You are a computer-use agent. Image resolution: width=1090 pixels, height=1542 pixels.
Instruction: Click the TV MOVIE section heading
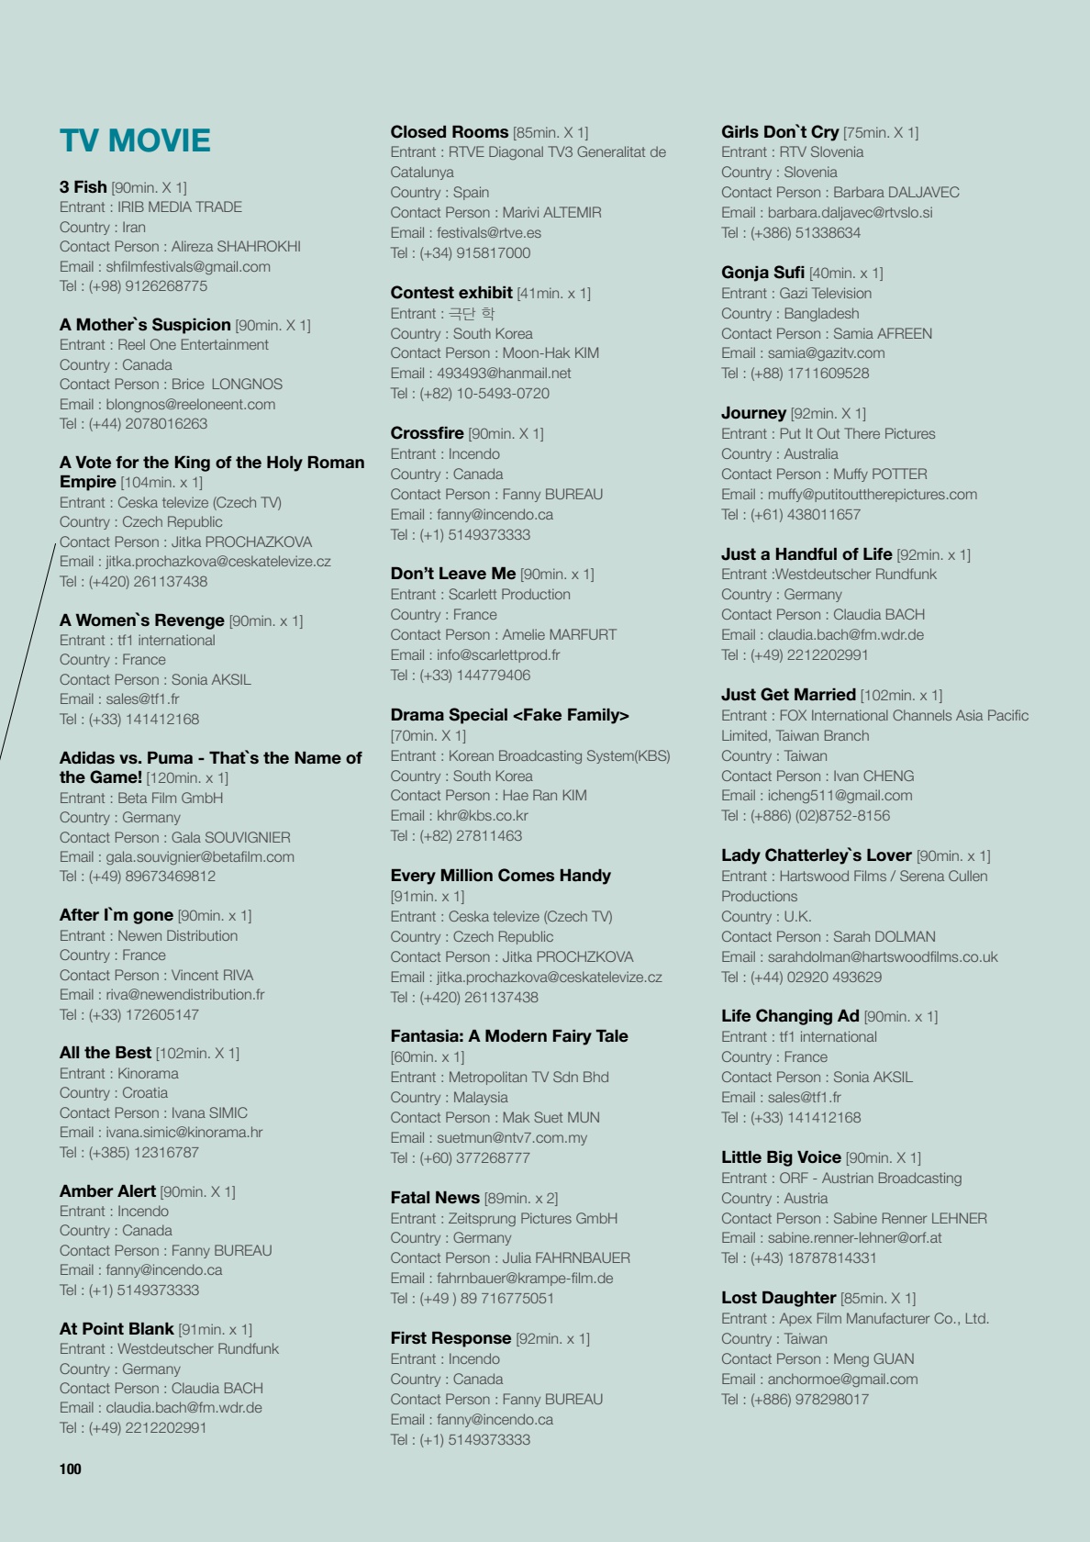click(x=135, y=140)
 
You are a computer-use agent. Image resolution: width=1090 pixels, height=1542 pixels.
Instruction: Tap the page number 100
click(x=71, y=1469)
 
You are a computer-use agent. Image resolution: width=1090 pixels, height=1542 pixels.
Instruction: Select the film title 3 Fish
click(x=83, y=187)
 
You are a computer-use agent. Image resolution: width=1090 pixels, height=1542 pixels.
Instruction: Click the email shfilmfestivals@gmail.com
click(x=188, y=266)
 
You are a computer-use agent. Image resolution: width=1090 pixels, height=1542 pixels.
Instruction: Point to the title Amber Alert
click(x=107, y=1191)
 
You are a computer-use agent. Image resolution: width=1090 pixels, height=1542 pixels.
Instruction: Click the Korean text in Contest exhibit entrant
click(x=471, y=314)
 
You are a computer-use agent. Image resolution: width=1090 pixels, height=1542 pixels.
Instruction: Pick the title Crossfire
click(x=427, y=433)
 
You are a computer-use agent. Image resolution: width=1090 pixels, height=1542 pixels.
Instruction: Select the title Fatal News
click(x=435, y=1198)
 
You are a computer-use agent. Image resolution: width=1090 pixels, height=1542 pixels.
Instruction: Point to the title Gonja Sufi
click(x=762, y=273)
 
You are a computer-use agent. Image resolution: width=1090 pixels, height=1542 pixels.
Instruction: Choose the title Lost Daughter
click(x=778, y=1298)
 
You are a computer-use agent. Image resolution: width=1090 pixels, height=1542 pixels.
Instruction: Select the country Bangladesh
click(x=821, y=313)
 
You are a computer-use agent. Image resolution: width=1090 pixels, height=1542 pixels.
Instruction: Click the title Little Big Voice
click(x=781, y=1157)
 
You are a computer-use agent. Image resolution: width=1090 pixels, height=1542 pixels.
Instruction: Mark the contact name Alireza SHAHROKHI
click(x=236, y=246)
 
